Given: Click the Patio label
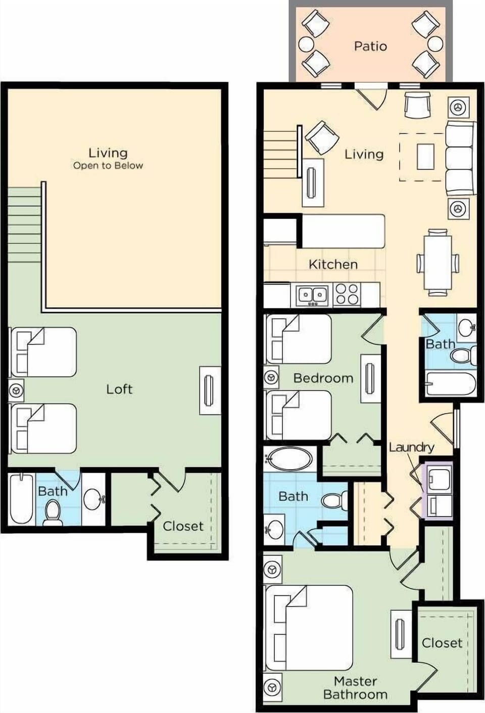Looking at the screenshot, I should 370,46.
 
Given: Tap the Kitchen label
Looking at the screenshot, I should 333,264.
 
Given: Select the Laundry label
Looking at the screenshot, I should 411,447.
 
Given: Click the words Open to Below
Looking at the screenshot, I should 108,166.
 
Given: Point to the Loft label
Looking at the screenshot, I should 119,389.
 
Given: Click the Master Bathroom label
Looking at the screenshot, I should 355,688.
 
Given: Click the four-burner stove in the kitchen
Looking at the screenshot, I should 347,294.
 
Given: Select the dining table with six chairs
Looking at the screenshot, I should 438,262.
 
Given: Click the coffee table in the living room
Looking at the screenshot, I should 425,157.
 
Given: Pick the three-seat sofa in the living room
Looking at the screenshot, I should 459,158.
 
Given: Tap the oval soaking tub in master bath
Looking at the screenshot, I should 289,459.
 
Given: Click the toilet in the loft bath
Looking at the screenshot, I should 52,512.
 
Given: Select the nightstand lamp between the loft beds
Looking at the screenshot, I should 16,390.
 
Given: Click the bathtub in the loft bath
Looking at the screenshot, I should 21,498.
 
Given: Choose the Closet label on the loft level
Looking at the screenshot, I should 183,526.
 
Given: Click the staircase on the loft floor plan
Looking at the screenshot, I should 24,225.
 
